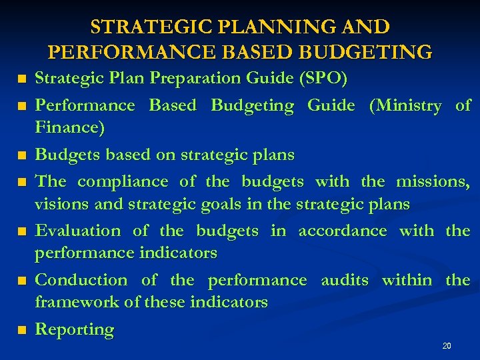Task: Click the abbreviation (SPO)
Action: point(323,79)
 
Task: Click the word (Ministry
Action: point(405,105)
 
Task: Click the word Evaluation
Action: point(77,231)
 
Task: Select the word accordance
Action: point(342,231)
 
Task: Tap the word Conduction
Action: point(81,280)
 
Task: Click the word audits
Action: point(344,280)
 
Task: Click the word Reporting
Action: point(75,329)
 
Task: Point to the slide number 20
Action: point(447,346)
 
